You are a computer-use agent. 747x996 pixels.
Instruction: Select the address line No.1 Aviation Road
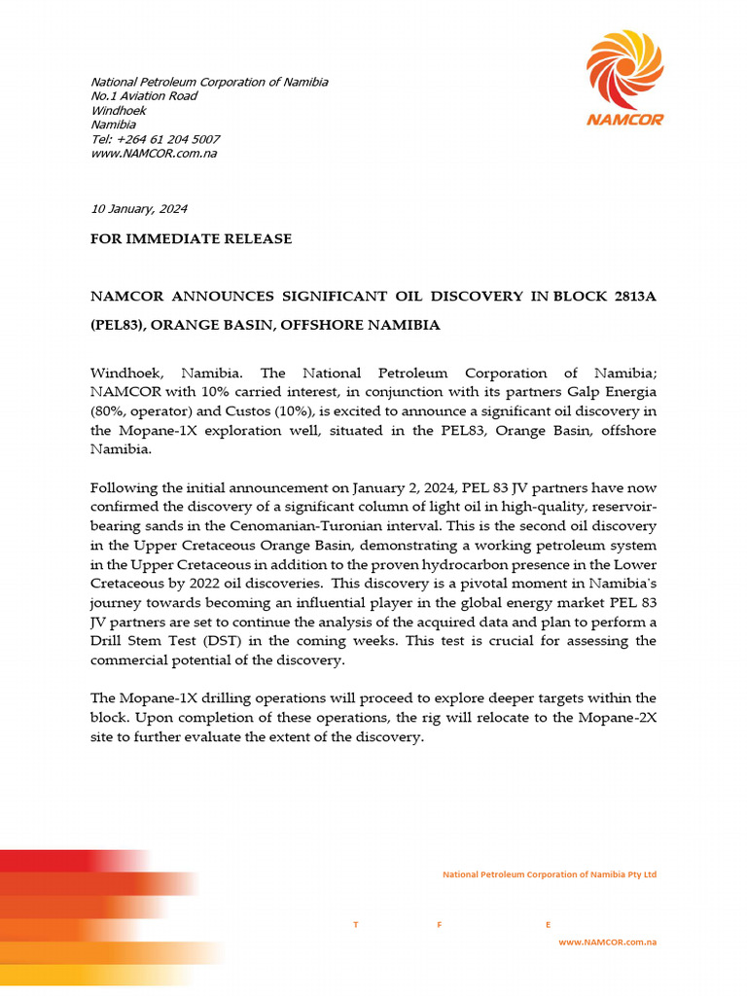pyautogui.click(x=144, y=96)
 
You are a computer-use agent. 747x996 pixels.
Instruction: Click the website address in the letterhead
pyautogui.click(x=154, y=154)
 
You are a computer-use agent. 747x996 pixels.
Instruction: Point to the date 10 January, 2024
pyautogui.click(x=139, y=209)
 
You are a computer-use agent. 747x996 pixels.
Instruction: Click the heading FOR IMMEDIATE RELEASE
pyautogui.click(x=191, y=238)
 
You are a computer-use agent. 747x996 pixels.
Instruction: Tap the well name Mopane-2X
pyautogui.click(x=617, y=718)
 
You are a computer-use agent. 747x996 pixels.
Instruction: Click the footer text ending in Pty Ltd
pyautogui.click(x=550, y=874)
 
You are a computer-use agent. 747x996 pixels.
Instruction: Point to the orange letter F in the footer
pyautogui.click(x=441, y=925)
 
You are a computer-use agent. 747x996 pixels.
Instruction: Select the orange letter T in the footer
pyautogui.click(x=356, y=925)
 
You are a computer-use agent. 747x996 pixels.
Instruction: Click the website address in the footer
pyautogui.click(x=607, y=943)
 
